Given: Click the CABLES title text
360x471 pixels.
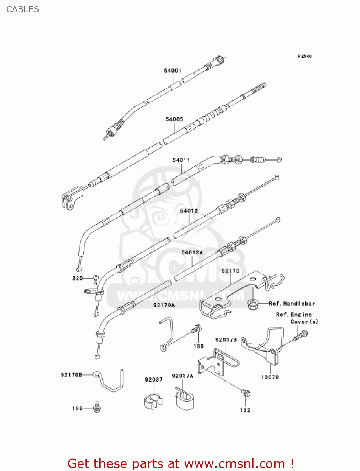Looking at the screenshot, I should click(x=23, y=9).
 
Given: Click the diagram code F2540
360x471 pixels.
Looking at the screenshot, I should click(x=305, y=56).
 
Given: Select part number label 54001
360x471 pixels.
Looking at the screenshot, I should click(x=173, y=70).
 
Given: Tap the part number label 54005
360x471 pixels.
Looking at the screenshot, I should click(x=174, y=119).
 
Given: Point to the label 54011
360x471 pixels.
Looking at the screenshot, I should click(x=181, y=160).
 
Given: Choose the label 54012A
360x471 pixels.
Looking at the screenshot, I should click(x=192, y=252).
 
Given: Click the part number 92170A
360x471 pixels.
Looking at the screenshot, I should click(x=164, y=305).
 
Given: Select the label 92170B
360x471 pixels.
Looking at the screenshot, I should click(x=71, y=375).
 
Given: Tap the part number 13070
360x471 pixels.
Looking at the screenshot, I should click(x=270, y=377).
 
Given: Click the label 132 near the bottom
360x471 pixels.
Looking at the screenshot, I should click(x=245, y=410).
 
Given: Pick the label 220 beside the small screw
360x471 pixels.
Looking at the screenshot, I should click(x=77, y=278).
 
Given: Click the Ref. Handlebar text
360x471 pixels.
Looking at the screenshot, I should click(x=292, y=304).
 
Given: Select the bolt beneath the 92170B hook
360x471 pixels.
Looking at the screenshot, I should click(x=97, y=407).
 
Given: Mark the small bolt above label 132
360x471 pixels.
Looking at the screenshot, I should click(x=246, y=392).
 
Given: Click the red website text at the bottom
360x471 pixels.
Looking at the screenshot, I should click(x=180, y=464).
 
